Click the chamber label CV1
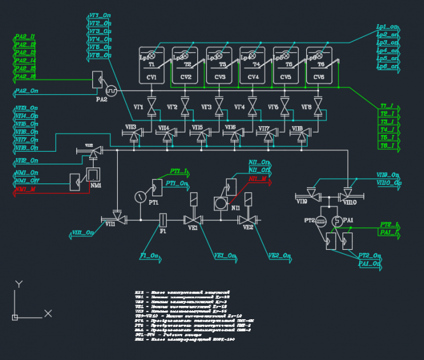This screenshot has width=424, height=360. (x=152, y=77)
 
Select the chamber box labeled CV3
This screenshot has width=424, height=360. (x=220, y=65)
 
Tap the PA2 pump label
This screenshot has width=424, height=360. (x=102, y=99)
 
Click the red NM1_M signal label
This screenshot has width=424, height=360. (x=26, y=190)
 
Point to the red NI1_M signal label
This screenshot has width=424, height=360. (x=258, y=179)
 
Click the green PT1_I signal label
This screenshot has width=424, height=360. (x=178, y=171)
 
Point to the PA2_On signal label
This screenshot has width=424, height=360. (x=25, y=92)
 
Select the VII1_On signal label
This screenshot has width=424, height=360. (x=83, y=233)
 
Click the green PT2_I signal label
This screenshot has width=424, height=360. (x=388, y=225)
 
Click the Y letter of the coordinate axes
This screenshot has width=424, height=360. (x=19, y=284)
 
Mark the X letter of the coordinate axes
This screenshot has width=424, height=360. (x=48, y=313)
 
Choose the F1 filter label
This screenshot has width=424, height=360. (x=163, y=231)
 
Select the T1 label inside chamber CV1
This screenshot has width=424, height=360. (x=152, y=65)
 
